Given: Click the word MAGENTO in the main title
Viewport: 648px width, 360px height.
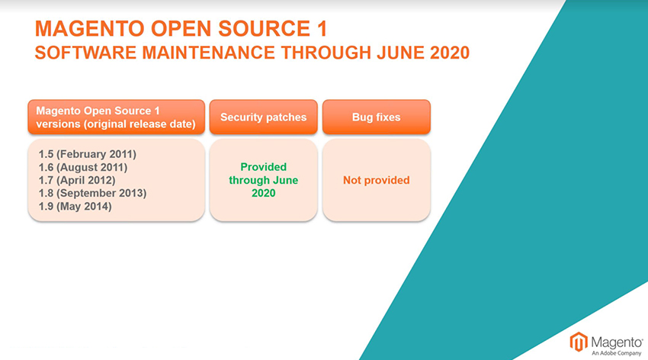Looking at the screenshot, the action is coord(90,28).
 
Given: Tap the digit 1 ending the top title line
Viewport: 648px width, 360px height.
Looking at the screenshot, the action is coord(322,28).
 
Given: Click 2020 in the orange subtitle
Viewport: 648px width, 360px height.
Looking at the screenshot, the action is coord(450,53).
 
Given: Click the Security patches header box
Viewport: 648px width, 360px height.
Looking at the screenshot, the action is coord(264,117).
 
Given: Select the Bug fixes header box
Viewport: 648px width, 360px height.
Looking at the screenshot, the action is coord(377,117).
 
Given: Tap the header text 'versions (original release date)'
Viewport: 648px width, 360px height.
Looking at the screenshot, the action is coord(116,124).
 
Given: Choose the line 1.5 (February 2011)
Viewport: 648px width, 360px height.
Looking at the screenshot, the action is coord(87,154).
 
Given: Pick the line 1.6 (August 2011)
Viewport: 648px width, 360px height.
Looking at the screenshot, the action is coord(82,167).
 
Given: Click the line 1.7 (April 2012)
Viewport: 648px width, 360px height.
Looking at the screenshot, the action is coord(77,180).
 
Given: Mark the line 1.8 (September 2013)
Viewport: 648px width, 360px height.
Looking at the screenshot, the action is coord(92,193).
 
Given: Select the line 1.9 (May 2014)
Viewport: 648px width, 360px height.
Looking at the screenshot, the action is coord(75,206).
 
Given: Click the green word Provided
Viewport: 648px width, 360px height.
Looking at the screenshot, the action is coord(264,167).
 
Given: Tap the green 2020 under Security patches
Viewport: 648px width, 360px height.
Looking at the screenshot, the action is coord(264,193).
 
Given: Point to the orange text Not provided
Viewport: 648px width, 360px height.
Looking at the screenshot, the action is coord(377,180).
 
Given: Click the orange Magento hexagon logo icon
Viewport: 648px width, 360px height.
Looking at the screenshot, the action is coord(579,342).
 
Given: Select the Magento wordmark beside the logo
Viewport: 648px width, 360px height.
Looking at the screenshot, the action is coord(617,342).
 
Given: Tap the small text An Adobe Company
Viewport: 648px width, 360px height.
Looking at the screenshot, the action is coord(616,353).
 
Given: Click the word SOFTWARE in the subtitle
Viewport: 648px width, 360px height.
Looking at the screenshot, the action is coord(85,53).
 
